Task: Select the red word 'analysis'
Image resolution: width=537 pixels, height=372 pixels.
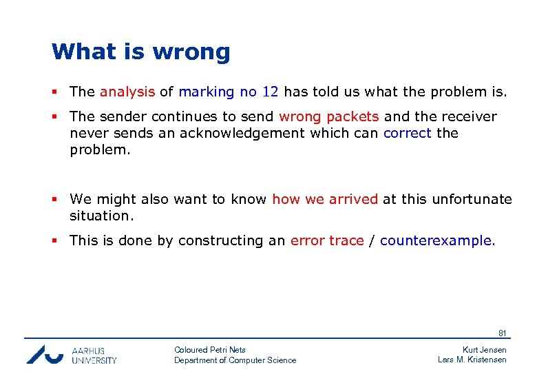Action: (127, 92)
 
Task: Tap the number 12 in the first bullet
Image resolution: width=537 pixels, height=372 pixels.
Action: (270, 92)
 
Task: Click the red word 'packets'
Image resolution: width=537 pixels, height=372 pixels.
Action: (352, 116)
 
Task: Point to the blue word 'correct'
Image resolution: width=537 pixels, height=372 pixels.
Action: (408, 133)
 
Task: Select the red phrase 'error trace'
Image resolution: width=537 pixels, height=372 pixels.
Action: (327, 240)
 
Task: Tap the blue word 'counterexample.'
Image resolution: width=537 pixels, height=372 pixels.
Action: (437, 240)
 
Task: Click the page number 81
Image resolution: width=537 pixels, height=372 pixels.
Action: (502, 333)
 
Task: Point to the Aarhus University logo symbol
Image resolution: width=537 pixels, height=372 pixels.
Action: (45, 354)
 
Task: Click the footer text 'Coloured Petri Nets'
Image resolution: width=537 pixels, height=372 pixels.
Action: (210, 350)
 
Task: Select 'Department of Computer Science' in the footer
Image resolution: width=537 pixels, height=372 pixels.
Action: (235, 360)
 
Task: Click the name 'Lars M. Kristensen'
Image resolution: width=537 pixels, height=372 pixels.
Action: (472, 360)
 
